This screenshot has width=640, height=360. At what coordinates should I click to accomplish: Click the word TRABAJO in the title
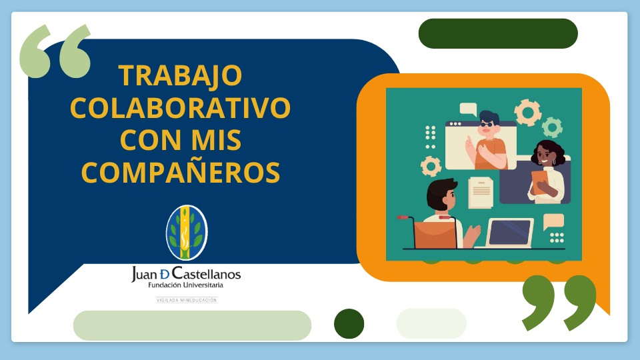click(181, 75)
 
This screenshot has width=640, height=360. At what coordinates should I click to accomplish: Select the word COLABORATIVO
click(181, 108)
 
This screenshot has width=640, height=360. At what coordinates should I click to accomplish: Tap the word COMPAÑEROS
click(181, 172)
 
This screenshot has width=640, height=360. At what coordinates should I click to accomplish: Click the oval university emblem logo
click(187, 233)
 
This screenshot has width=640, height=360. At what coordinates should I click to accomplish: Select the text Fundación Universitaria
click(186, 285)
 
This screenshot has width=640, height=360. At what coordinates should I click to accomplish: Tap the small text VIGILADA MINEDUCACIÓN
click(187, 300)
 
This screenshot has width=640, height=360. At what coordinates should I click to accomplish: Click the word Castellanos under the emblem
click(207, 273)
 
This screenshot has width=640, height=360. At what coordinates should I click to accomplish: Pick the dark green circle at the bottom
click(349, 324)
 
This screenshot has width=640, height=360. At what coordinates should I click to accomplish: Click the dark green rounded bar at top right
click(498, 33)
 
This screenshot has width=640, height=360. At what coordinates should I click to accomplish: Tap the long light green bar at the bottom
click(192, 325)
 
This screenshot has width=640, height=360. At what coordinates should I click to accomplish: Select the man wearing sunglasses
click(487, 140)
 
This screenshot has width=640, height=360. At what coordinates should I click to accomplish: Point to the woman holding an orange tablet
click(547, 171)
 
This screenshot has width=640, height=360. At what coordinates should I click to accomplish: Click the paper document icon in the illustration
click(481, 192)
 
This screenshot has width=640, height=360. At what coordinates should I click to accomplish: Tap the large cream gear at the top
click(528, 112)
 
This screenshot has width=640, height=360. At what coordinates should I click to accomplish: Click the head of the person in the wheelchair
click(441, 195)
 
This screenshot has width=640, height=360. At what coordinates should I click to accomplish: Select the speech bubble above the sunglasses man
click(468, 109)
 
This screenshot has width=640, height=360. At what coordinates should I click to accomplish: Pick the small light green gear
click(552, 127)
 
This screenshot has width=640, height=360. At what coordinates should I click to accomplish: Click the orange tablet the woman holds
click(539, 182)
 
